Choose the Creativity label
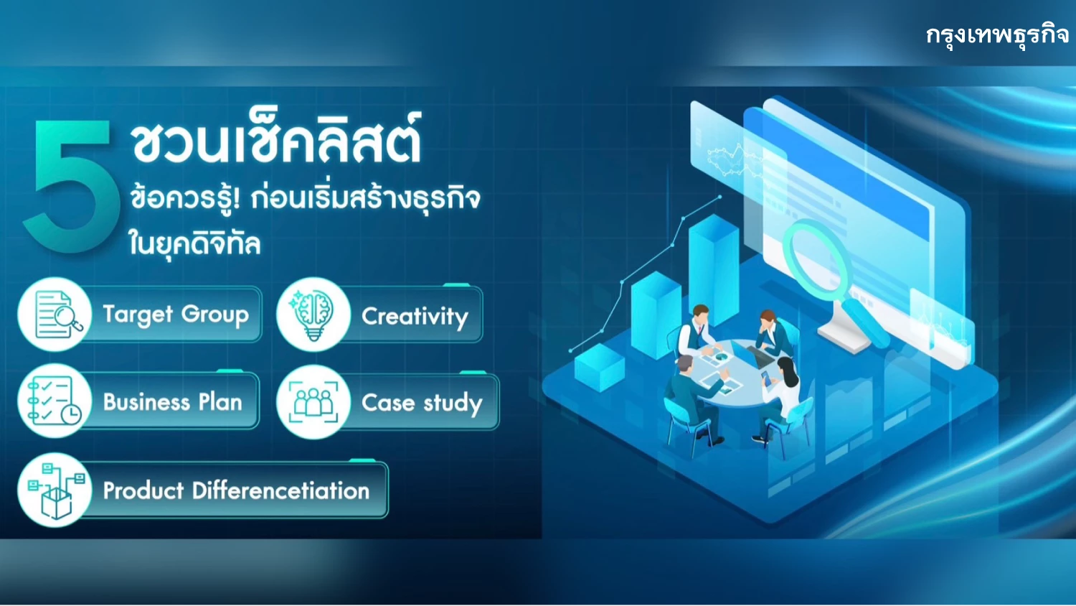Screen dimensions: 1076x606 pyautogui.click(x=415, y=317)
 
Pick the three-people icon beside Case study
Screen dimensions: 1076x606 pyautogui.click(x=313, y=401)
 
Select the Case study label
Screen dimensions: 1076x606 pyautogui.click(x=422, y=403)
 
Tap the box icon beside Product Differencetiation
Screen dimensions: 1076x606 pyautogui.click(x=55, y=490)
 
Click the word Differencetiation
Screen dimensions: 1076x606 pyautogui.click(x=281, y=490)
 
